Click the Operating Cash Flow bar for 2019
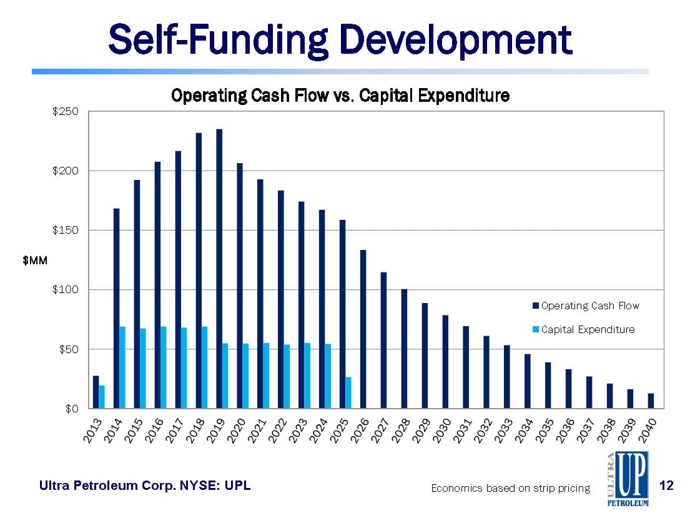tap(219, 269)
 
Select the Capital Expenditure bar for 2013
tap(102, 397)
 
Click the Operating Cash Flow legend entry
tap(589, 306)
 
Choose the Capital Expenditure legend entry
tap(587, 329)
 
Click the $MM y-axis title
tap(36, 260)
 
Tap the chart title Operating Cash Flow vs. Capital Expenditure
tap(340, 96)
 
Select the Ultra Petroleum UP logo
tap(627, 479)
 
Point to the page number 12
tap(667, 485)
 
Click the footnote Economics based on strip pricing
tap(510, 488)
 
